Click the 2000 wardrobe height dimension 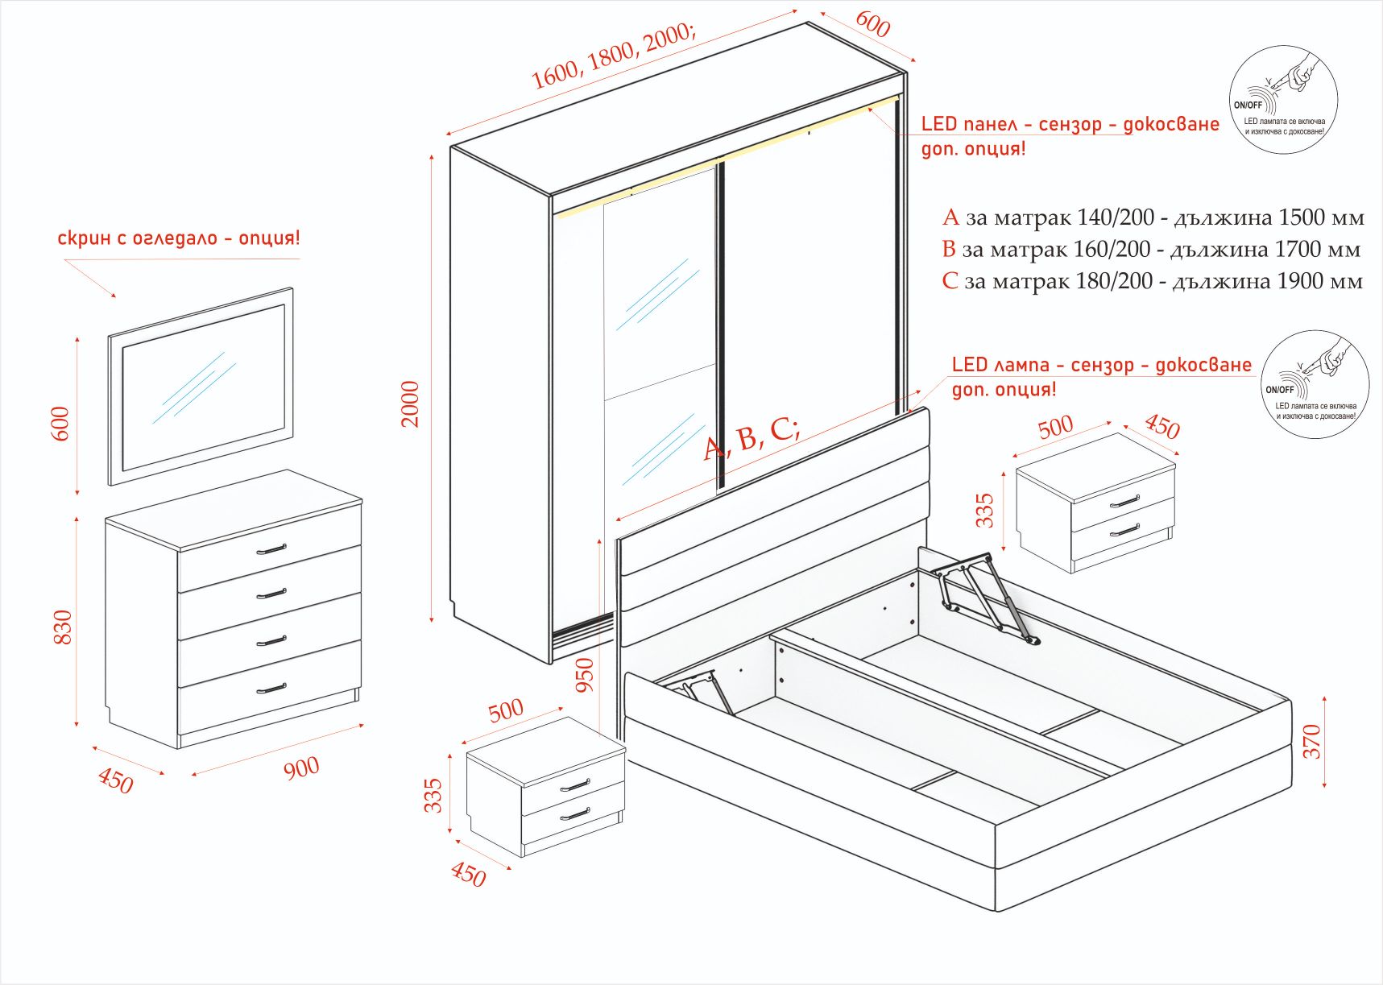click(411, 404)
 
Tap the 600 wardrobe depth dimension click(872, 24)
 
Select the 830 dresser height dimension click(62, 627)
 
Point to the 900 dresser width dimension click(301, 768)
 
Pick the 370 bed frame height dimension click(1312, 741)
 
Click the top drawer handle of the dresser click(271, 550)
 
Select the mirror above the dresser click(201, 387)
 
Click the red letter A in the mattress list click(951, 217)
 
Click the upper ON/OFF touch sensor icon click(1283, 100)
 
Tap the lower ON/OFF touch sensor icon click(1315, 384)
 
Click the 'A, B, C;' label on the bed click(752, 438)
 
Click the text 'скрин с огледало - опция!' click(179, 238)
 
